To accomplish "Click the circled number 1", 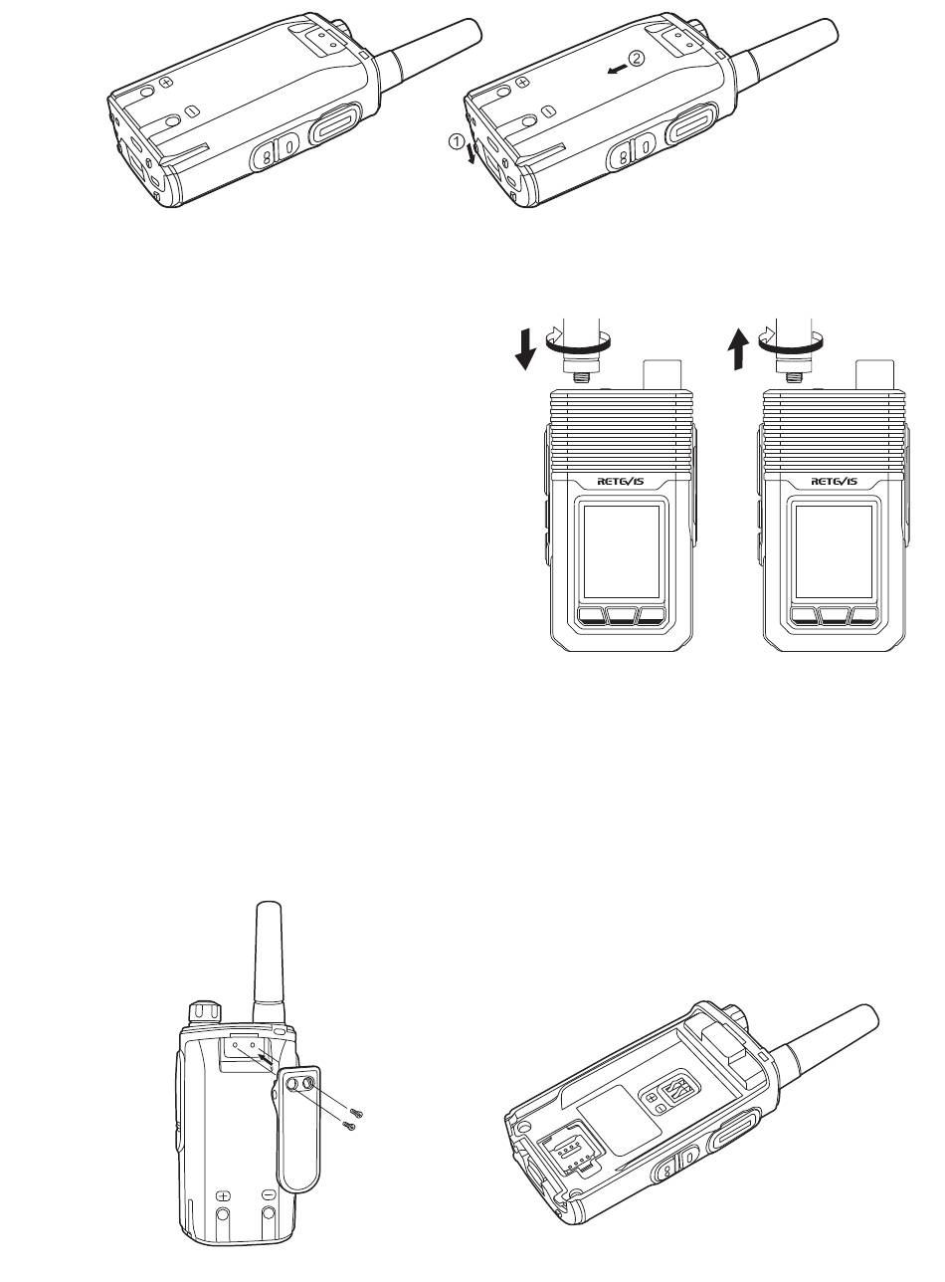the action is [x=457, y=140].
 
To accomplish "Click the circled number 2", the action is [x=637, y=58].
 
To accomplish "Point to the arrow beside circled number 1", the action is [x=472, y=154].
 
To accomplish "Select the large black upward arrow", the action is [x=740, y=348].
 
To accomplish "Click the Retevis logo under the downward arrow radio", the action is [x=621, y=482].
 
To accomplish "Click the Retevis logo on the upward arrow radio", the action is [x=834, y=482].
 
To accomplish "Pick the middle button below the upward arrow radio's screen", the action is [x=834, y=616].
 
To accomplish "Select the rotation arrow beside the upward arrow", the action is [x=791, y=341].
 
